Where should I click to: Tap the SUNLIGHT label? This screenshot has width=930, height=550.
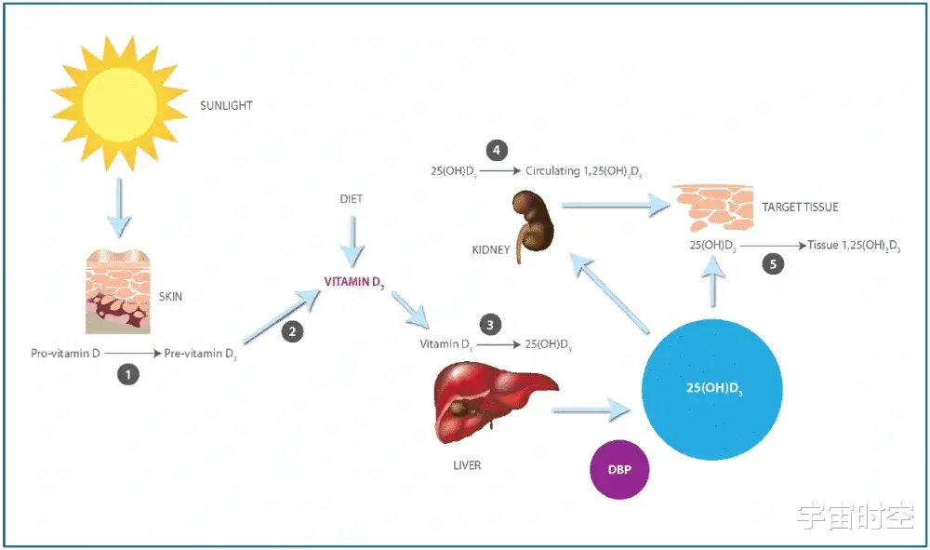[x=226, y=106]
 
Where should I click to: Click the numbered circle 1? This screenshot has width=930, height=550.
[x=127, y=375]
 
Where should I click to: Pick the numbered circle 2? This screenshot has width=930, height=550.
[x=292, y=331]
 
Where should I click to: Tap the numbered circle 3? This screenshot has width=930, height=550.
[x=490, y=325]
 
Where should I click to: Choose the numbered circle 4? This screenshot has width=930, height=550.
[x=497, y=150]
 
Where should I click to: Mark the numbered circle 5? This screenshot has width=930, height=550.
[x=772, y=263]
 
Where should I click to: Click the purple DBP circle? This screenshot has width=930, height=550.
[x=618, y=469]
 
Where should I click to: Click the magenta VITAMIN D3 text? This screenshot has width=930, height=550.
[x=354, y=282]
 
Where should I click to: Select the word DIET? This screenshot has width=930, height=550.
[x=352, y=199]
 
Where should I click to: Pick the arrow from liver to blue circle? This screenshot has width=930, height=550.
[x=591, y=408]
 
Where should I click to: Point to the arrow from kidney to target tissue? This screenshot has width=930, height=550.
[x=615, y=205]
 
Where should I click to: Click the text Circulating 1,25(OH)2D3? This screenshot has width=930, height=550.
[x=583, y=172]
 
